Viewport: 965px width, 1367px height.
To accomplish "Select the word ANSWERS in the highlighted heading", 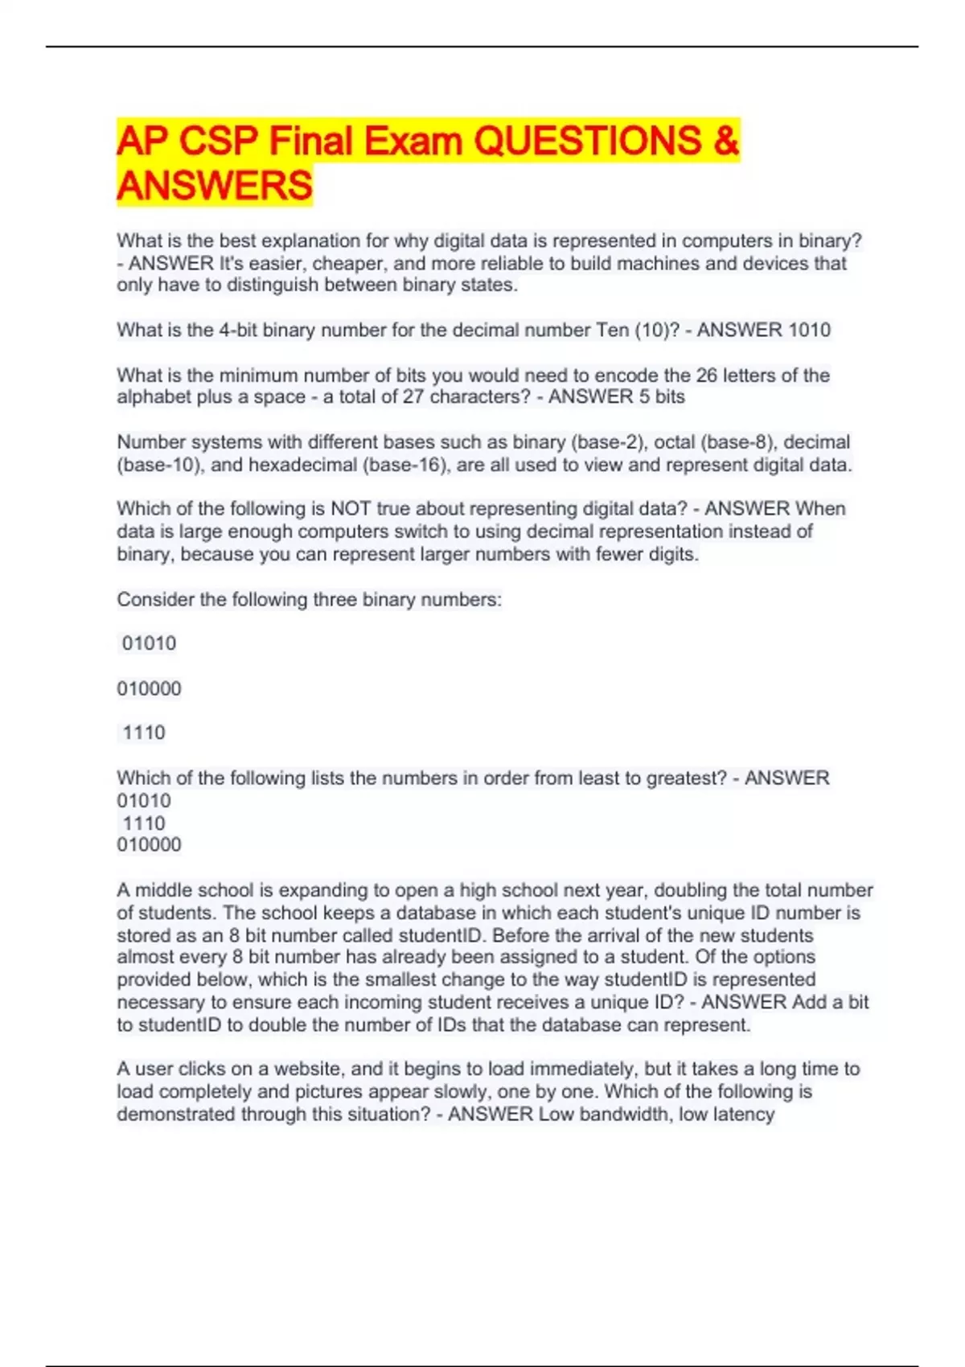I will pyautogui.click(x=214, y=186).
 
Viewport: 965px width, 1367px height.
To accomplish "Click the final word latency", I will pyautogui.click(x=742, y=1114).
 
